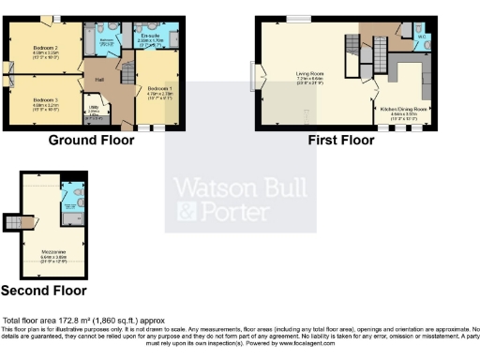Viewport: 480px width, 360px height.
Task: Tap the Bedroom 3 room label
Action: (x=45, y=99)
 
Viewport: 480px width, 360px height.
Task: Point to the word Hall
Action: (x=100, y=80)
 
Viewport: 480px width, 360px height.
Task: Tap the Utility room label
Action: (x=93, y=109)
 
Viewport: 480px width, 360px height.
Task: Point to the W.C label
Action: (x=422, y=37)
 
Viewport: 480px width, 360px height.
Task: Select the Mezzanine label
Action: (x=52, y=251)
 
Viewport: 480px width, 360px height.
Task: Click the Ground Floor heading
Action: (x=91, y=141)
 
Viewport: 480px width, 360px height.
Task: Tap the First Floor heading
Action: (x=342, y=141)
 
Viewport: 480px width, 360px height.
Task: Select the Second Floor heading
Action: (x=42, y=291)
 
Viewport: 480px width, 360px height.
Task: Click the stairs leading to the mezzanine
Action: (x=13, y=222)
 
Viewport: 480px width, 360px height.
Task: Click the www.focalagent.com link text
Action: (x=327, y=345)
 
